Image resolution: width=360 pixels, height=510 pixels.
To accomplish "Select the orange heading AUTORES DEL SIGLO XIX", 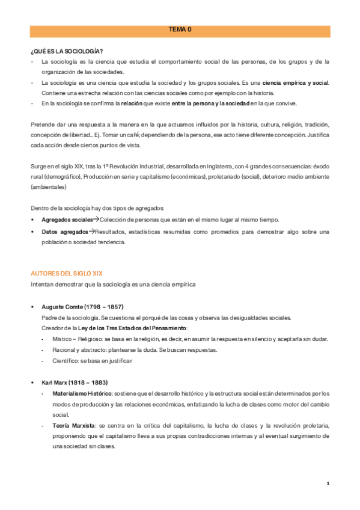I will [66, 273].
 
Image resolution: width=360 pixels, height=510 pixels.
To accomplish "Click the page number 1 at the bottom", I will [328, 483].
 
